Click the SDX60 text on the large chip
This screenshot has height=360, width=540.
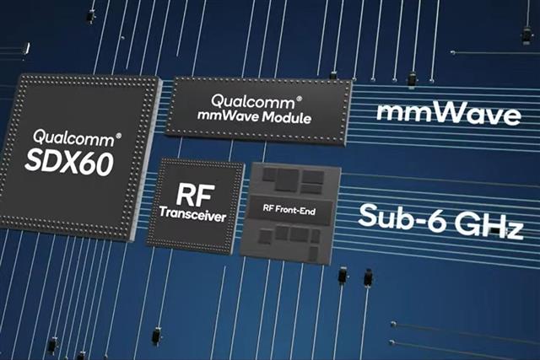click(x=69, y=163)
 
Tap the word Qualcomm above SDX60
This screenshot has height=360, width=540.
click(x=73, y=138)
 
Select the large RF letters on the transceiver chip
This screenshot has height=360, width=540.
click(x=195, y=195)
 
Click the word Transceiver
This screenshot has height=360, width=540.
click(x=193, y=214)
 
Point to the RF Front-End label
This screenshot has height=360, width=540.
click(x=289, y=209)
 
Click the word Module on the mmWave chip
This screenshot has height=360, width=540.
click(x=287, y=118)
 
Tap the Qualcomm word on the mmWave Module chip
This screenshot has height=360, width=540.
click(x=253, y=101)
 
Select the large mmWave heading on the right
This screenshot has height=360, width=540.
click(x=448, y=113)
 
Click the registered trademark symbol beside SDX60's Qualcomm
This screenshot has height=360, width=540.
click(x=118, y=136)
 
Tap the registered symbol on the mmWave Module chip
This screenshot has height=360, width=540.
click(x=300, y=99)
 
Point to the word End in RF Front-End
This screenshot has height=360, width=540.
click(x=307, y=211)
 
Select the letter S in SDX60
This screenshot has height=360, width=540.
click(x=34, y=160)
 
